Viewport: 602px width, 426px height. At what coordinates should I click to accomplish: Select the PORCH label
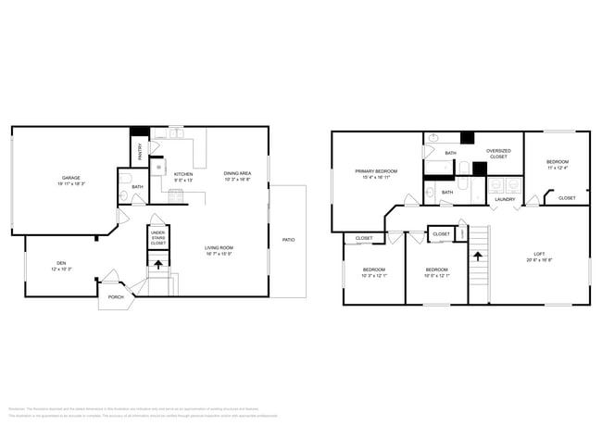click(x=116, y=296)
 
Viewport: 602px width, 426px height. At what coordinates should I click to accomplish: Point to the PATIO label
click(x=289, y=240)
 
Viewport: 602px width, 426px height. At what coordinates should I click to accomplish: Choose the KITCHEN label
click(x=182, y=173)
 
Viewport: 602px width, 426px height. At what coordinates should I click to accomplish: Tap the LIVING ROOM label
click(x=219, y=247)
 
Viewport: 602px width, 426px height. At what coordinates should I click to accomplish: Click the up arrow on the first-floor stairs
click(x=157, y=263)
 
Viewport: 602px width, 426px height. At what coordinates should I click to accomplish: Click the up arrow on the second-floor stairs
click(x=478, y=253)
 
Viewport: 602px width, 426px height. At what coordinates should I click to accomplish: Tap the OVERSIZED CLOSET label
click(x=498, y=155)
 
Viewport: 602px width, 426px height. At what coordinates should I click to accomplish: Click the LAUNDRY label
click(x=505, y=199)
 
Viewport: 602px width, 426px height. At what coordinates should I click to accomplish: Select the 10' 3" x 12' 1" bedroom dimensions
click(x=374, y=275)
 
